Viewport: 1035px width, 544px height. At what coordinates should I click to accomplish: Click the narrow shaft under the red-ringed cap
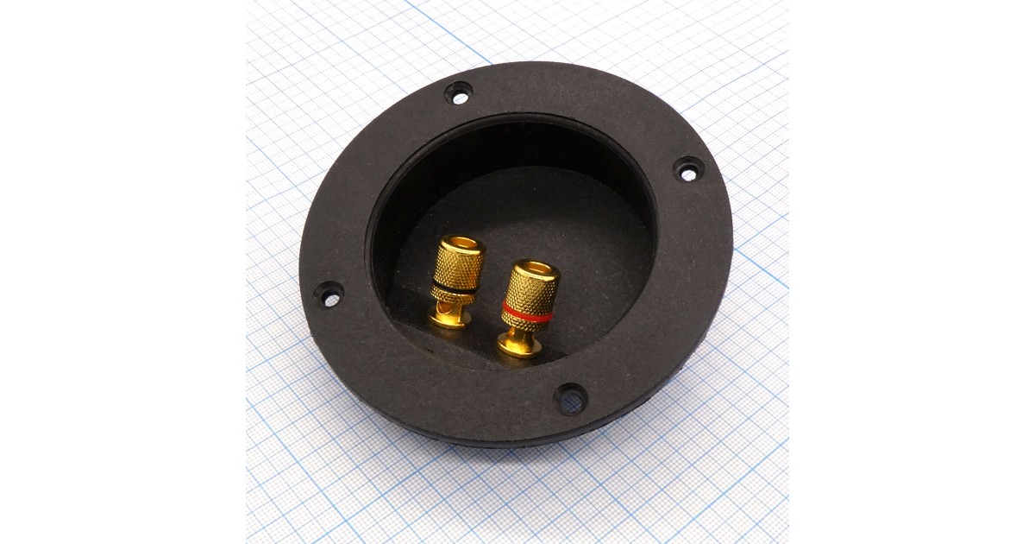521,332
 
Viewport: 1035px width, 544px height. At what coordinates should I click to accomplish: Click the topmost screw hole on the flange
458,92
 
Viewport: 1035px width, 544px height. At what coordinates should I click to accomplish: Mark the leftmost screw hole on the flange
328,294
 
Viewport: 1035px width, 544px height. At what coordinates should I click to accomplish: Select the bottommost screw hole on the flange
570,398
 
